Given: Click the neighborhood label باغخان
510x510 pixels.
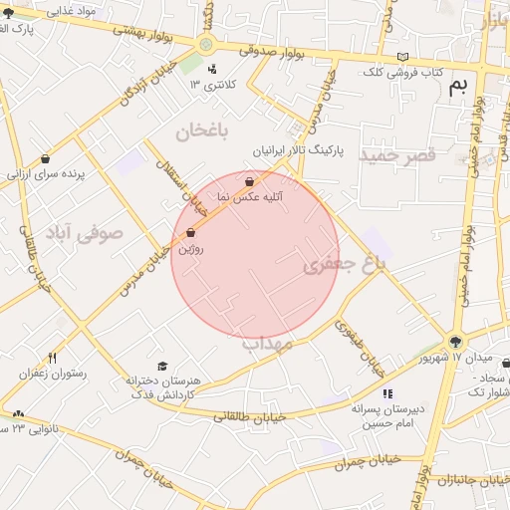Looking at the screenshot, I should pos(203,131).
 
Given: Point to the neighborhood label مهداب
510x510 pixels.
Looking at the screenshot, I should pos(266,344).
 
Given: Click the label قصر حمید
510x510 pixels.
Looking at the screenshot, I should pos(398,156).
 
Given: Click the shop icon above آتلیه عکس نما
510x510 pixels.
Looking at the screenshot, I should pos(249,182).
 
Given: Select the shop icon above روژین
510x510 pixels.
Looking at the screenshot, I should pos(190,233).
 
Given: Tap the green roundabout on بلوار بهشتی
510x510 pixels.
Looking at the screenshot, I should pos(206,43).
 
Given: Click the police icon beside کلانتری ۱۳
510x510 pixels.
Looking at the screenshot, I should pos(213,69).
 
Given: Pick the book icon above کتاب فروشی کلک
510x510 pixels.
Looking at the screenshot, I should pos(402,57).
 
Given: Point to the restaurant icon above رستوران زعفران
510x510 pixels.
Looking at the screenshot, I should pos(52,358).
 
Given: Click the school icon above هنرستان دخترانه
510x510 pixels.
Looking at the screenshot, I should pos(163,366).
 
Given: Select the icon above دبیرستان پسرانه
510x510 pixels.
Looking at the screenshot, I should pos(387,394).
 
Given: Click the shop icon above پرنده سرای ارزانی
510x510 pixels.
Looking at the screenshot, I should pos(46,158).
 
